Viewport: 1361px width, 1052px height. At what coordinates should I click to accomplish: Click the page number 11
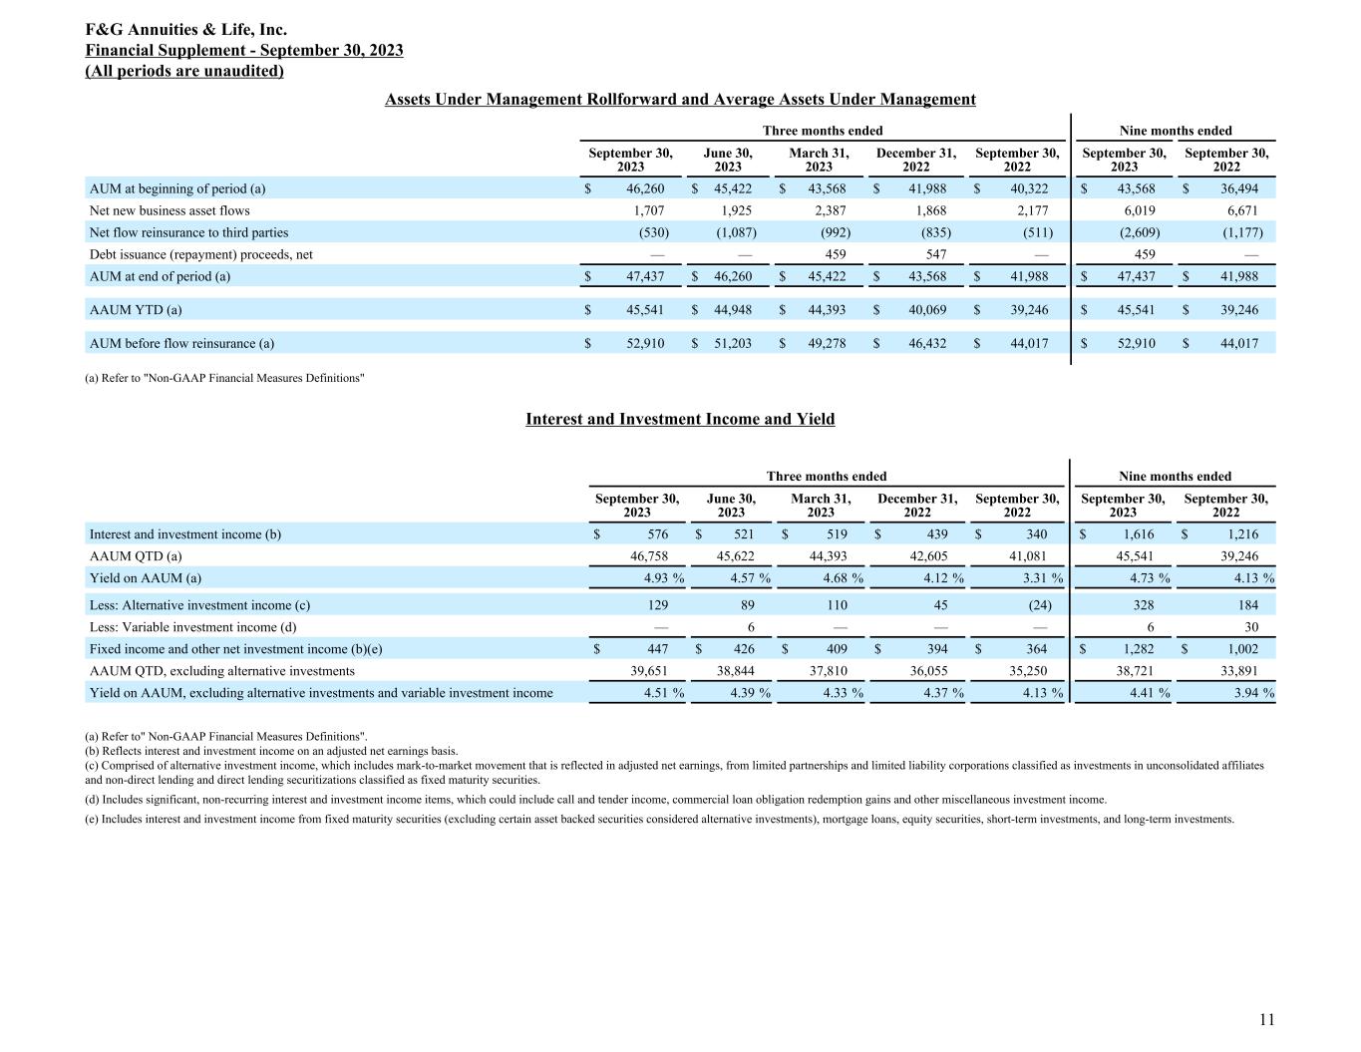pos(1266,1019)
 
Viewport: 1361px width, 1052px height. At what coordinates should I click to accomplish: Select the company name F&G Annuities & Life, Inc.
pos(186,30)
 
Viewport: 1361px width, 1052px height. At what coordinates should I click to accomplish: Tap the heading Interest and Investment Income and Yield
pos(680,419)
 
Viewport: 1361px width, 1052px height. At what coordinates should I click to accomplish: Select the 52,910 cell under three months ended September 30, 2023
pos(645,343)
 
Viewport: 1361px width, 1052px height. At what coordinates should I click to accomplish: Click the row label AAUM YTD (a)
pos(136,310)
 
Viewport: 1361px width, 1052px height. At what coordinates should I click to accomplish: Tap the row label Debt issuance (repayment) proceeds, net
pos(201,254)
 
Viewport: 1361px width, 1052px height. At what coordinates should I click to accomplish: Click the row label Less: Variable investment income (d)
pos(192,627)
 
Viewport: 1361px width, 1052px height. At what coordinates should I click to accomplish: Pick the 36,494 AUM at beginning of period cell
pos(1239,188)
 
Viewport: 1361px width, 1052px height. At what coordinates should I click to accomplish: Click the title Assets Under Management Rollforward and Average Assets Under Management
pos(680,99)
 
